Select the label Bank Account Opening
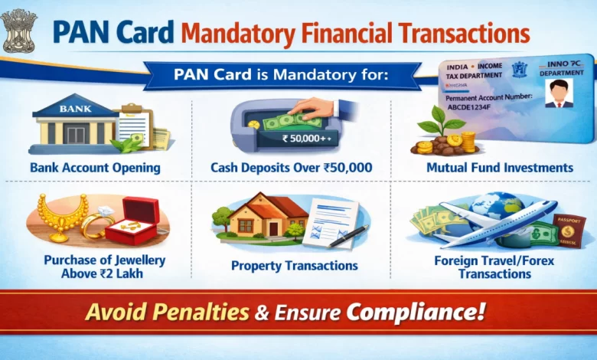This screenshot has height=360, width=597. tap(95, 167)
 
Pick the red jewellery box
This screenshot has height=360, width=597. tap(132, 221)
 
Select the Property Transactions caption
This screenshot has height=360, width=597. tap(295, 266)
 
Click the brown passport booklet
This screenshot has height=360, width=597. tap(568, 230)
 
